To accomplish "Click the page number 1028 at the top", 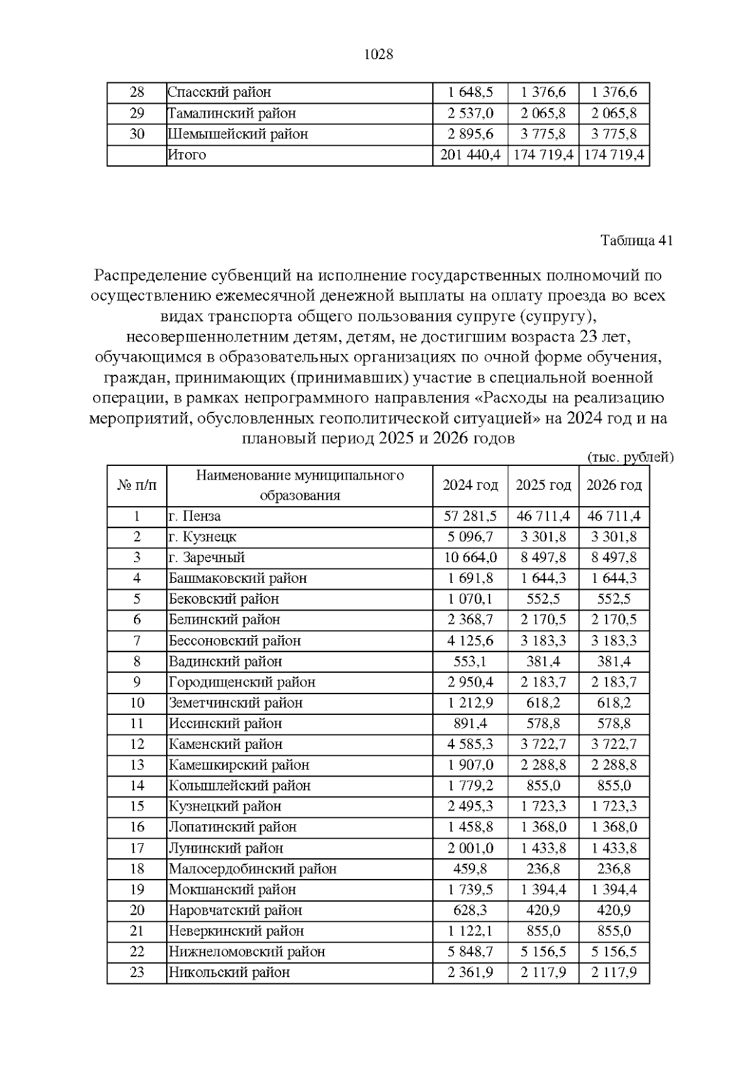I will click(378, 55).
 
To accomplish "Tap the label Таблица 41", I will click(636, 241).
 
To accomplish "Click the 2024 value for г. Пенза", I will click(470, 516).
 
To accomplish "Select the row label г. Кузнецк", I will click(203, 537).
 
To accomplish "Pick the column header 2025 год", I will click(543, 485).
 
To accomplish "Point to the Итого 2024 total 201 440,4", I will click(470, 155).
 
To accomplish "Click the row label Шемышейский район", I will click(238, 134).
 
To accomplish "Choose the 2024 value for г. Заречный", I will click(470, 558).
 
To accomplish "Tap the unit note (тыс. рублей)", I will click(630, 458).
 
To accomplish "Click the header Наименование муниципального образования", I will click(299, 485).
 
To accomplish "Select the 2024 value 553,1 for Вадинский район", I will click(470, 661).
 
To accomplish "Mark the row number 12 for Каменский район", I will click(137, 744).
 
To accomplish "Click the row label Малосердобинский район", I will click(252, 869).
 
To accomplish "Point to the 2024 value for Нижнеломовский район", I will click(470, 952).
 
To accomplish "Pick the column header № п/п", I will click(137, 485).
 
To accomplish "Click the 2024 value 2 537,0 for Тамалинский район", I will click(470, 113).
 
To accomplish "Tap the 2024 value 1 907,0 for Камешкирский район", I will click(470, 765).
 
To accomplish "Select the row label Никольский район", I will click(229, 973).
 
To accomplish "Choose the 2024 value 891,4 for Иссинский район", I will click(470, 724).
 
